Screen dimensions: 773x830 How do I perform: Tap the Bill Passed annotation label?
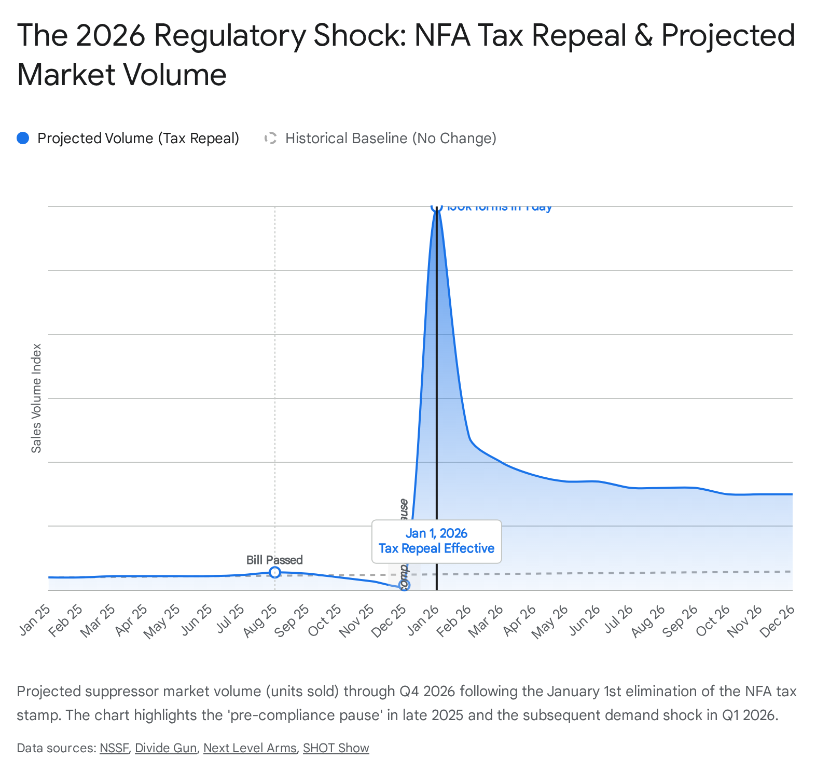point(274,560)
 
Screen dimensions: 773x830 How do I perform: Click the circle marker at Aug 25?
point(275,572)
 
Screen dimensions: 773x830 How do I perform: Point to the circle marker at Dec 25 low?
point(404,585)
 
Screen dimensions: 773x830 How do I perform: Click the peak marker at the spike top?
point(436,206)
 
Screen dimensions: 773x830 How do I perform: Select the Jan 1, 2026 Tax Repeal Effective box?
point(436,541)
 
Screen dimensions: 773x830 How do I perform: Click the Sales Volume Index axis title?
point(36,398)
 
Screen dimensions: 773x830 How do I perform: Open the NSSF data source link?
point(114,748)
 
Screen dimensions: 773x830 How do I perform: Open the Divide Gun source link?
point(166,748)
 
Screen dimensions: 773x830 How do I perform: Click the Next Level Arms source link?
point(250,748)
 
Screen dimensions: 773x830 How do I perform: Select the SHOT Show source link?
point(336,748)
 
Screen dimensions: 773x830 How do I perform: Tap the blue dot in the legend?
point(23,139)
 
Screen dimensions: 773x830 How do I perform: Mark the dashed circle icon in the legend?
point(270,139)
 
